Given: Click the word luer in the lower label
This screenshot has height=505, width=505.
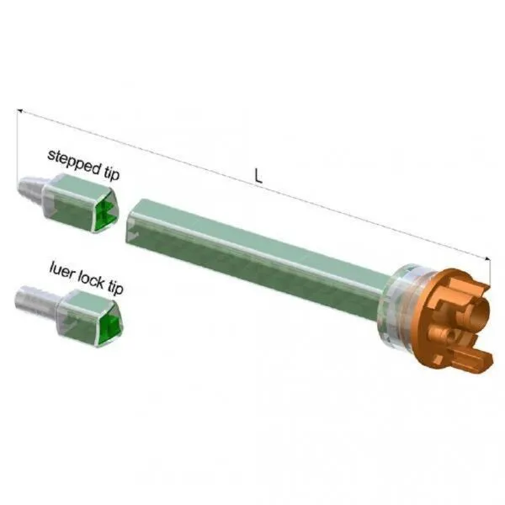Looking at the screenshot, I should click(x=61, y=271).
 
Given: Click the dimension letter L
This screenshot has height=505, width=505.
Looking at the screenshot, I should click(x=258, y=177).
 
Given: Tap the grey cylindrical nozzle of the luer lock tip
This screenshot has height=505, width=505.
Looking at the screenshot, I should click(x=35, y=299).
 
